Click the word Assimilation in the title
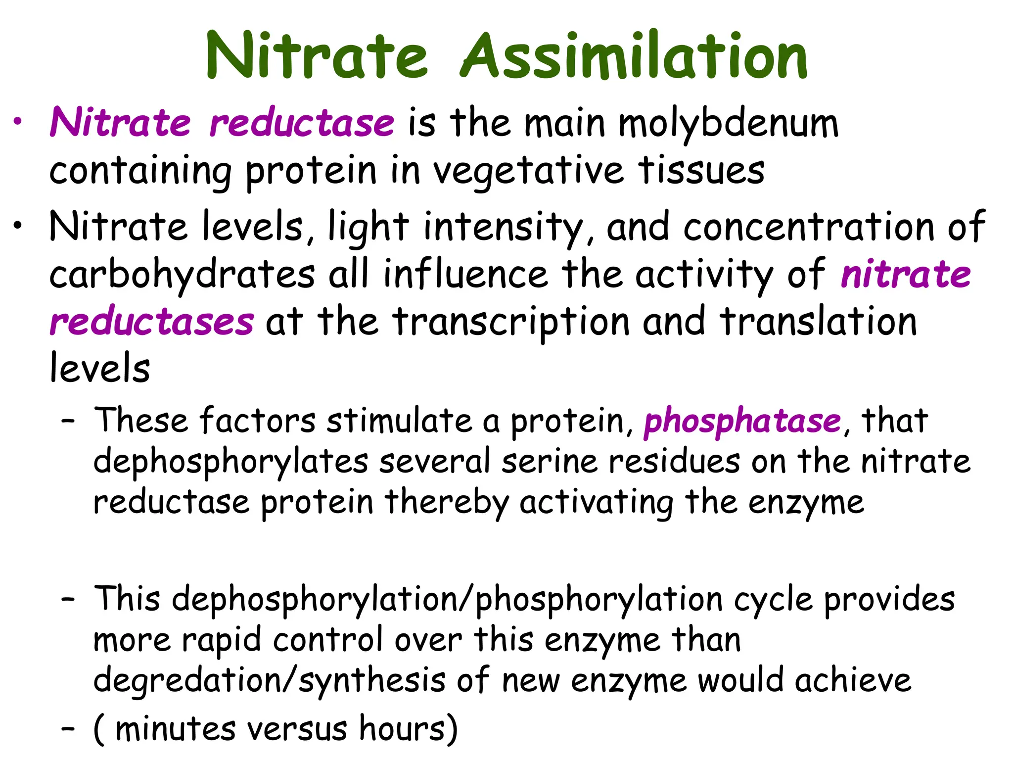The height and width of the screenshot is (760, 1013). click(634, 55)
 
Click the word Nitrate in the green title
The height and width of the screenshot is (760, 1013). click(317, 55)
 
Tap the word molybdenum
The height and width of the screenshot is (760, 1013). click(729, 124)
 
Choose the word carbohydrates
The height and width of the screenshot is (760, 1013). click(182, 275)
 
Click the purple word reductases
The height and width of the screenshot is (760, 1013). click(152, 322)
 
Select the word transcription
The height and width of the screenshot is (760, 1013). click(511, 322)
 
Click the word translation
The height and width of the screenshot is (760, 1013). click(819, 322)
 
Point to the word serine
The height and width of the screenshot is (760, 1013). click(549, 462)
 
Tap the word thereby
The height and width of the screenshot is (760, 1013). click(447, 503)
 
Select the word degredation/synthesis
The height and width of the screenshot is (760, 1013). click(270, 681)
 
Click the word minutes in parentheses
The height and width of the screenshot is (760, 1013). click(175, 729)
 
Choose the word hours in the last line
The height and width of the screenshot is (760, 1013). click(403, 728)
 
